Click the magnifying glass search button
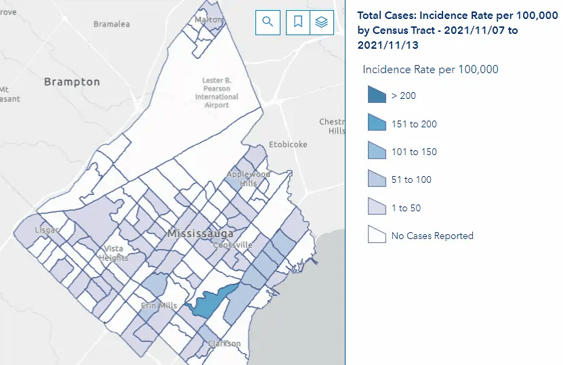click(268, 22)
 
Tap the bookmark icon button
click(297, 22)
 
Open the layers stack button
click(322, 22)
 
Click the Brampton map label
click(72, 82)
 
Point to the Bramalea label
click(111, 24)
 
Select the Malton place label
click(209, 20)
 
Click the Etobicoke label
click(288, 144)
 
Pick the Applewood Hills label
click(248, 179)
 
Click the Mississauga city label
click(201, 234)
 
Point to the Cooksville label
click(232, 245)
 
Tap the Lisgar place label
click(45, 230)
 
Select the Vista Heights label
click(113, 253)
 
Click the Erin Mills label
click(159, 305)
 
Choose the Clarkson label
click(224, 343)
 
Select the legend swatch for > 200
click(377, 95)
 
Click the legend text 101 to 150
click(414, 152)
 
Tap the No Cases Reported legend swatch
click(377, 235)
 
